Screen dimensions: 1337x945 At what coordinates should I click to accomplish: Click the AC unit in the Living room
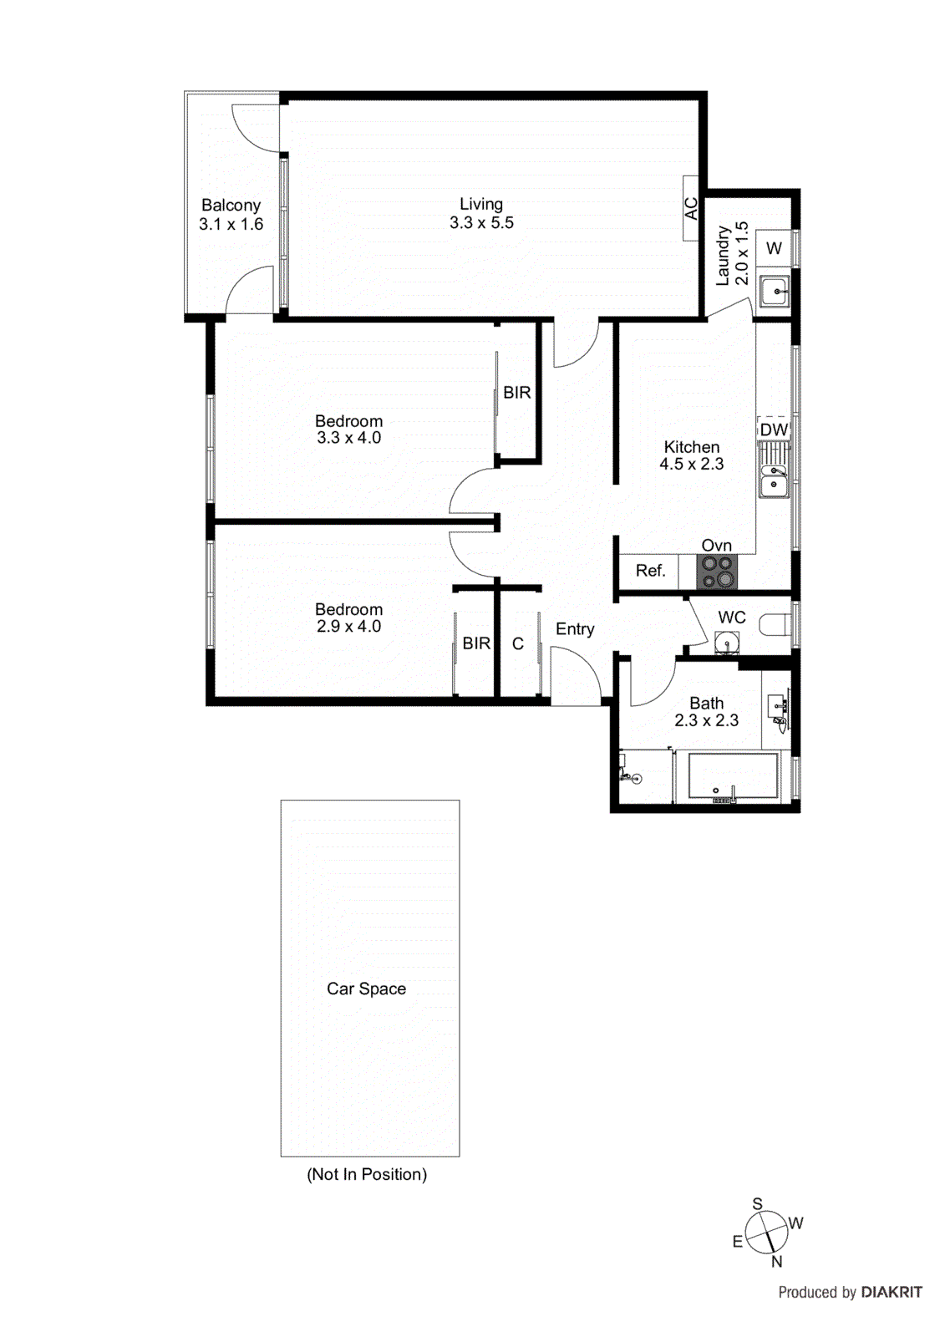pos(691,208)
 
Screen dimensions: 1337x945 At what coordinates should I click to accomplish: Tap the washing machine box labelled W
pos(775,248)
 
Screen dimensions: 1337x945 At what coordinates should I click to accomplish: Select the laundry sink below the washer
pos(775,291)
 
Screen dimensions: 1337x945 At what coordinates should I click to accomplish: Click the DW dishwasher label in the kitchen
pos(774,430)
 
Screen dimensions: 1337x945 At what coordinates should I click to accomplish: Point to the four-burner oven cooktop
pos(718,572)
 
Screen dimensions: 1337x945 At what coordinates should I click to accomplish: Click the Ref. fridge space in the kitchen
pos(650,571)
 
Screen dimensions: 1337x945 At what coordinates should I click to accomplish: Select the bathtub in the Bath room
pos(732,777)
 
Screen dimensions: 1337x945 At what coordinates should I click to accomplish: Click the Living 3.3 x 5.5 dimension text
pos(481,223)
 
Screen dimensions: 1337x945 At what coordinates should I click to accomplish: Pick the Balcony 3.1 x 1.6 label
pos(231,215)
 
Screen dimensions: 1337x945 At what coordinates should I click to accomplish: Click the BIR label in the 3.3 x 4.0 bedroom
pos(517,392)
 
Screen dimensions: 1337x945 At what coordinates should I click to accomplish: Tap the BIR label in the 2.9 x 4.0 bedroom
pos(476,643)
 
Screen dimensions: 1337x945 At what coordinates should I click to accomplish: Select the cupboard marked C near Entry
pos(518,643)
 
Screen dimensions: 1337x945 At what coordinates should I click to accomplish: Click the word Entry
pos(575,629)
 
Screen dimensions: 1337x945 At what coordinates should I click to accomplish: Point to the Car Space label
pos(366,989)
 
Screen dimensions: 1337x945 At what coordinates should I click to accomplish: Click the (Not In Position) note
pos(367,1174)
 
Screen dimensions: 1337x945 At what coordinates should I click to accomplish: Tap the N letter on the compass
pos(776,1262)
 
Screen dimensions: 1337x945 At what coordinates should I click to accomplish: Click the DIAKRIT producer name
pos(892,1292)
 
